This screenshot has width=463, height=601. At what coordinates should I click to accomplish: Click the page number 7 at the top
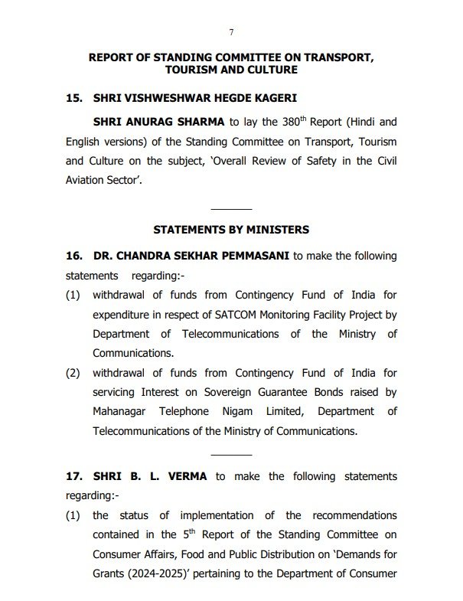(x=231, y=31)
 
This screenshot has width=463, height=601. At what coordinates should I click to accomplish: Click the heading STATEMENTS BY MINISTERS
(x=231, y=229)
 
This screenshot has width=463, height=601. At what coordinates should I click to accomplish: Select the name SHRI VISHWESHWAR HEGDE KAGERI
(x=194, y=100)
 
